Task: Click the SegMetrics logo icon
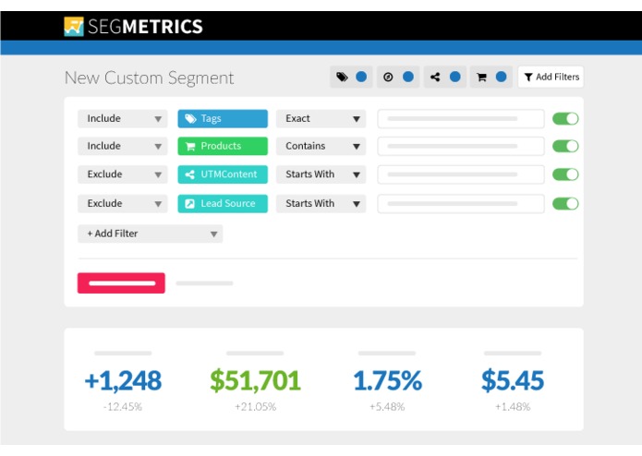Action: (x=74, y=26)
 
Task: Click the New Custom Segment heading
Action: (x=149, y=78)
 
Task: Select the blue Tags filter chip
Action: (x=223, y=118)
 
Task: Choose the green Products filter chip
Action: (x=223, y=146)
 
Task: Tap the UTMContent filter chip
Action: (x=223, y=174)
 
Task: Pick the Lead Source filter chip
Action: (x=223, y=203)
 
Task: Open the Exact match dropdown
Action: (x=321, y=118)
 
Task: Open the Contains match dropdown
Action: (x=321, y=146)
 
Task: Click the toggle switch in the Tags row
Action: (x=565, y=118)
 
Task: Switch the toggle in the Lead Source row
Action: (x=565, y=203)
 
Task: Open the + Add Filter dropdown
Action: (x=150, y=234)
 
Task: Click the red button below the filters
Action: (x=121, y=283)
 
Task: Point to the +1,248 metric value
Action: (x=123, y=379)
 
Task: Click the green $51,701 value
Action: (x=255, y=379)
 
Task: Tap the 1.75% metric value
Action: (x=387, y=379)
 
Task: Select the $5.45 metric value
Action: (x=513, y=379)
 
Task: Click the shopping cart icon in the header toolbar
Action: (x=481, y=78)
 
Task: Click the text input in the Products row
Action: (x=461, y=146)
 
